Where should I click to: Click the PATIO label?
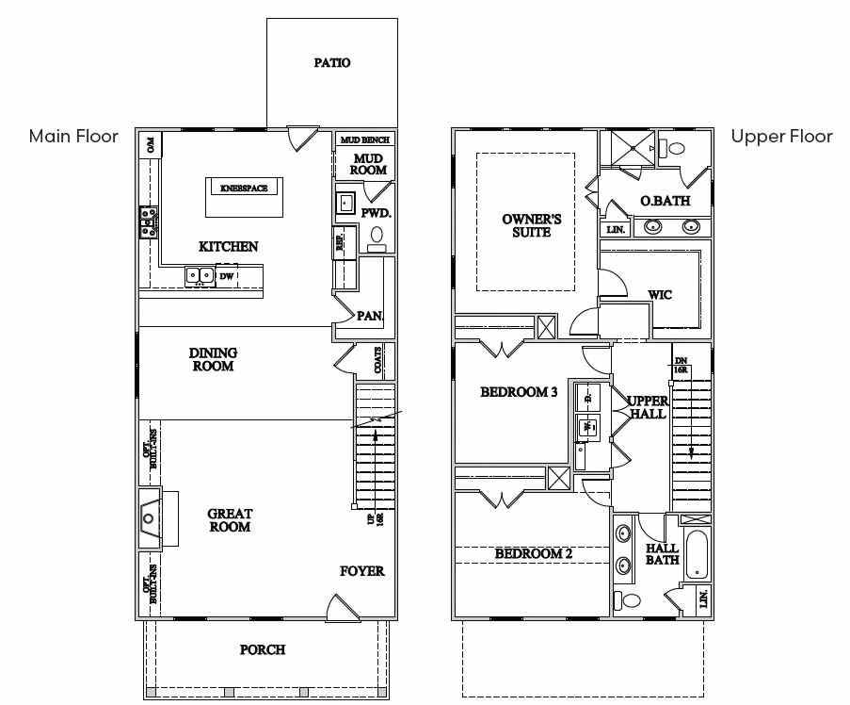[x=331, y=63]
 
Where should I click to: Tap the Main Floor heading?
[x=73, y=137]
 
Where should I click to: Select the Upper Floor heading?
[x=781, y=137]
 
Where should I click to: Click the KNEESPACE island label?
[x=244, y=189]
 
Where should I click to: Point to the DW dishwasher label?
[x=227, y=277]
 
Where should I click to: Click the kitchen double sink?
[x=199, y=276]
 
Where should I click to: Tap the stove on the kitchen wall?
[x=148, y=222]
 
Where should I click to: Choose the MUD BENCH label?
[x=364, y=139]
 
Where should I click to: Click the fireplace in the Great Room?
[x=151, y=517]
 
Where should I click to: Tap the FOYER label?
[x=361, y=571]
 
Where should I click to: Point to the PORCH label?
[x=263, y=649]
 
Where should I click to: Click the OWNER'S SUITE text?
[x=532, y=226]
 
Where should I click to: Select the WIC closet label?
[x=660, y=295]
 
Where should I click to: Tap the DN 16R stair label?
[x=681, y=366]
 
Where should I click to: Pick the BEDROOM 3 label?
[x=519, y=392]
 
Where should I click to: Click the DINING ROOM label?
[x=214, y=359]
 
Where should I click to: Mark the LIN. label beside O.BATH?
[x=616, y=229]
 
